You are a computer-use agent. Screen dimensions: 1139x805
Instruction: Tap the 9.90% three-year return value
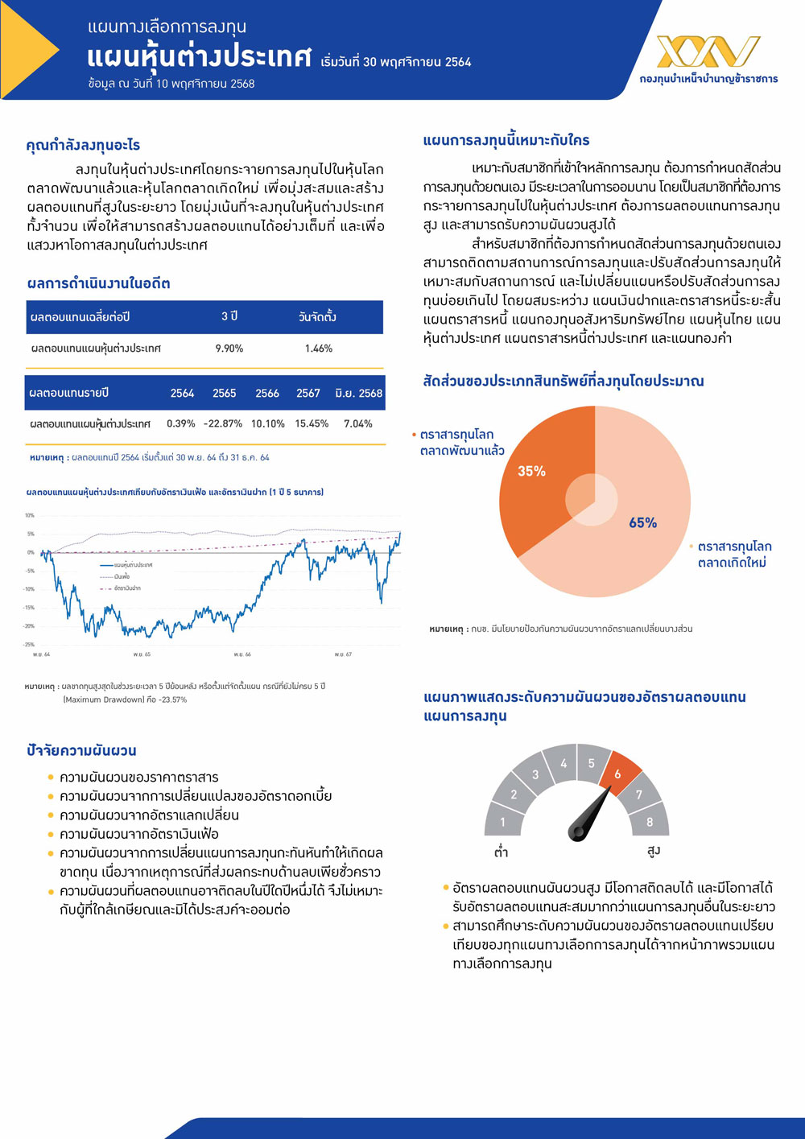(x=229, y=349)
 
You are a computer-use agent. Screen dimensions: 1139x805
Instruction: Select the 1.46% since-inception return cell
(x=319, y=349)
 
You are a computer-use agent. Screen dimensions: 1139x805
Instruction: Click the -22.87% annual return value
(x=223, y=423)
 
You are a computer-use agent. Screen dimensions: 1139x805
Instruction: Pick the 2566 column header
(x=267, y=393)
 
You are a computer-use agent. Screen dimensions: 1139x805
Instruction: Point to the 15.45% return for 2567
(x=312, y=423)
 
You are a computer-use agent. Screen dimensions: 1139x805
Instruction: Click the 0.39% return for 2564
(x=181, y=423)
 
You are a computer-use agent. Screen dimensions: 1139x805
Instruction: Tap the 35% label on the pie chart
(x=531, y=471)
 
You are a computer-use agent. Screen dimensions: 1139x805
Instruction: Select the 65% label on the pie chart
(x=642, y=523)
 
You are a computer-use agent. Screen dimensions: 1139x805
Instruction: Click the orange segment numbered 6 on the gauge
(x=618, y=774)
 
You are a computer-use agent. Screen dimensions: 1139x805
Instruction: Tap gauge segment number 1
(x=503, y=821)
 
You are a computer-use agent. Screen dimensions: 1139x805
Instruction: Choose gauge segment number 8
(x=650, y=821)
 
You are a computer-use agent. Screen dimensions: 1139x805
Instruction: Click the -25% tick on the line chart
(x=30, y=645)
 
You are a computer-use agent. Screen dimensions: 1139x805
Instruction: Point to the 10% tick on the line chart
(x=30, y=515)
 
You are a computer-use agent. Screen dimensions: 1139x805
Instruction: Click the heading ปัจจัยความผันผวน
(x=81, y=750)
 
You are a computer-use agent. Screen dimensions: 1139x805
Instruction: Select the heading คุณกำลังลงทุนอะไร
(x=83, y=145)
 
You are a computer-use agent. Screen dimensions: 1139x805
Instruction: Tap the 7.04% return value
(x=358, y=423)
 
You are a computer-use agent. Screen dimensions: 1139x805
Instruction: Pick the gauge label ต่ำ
(x=502, y=852)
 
